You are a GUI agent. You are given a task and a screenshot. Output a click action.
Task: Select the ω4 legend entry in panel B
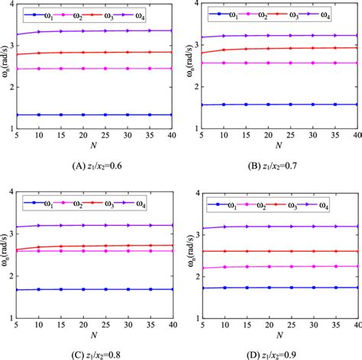pos(337,14)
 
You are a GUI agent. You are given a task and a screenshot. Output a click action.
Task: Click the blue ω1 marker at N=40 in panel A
pos(171,114)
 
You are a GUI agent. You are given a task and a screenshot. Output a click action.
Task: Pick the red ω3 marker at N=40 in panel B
pos(357,47)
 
